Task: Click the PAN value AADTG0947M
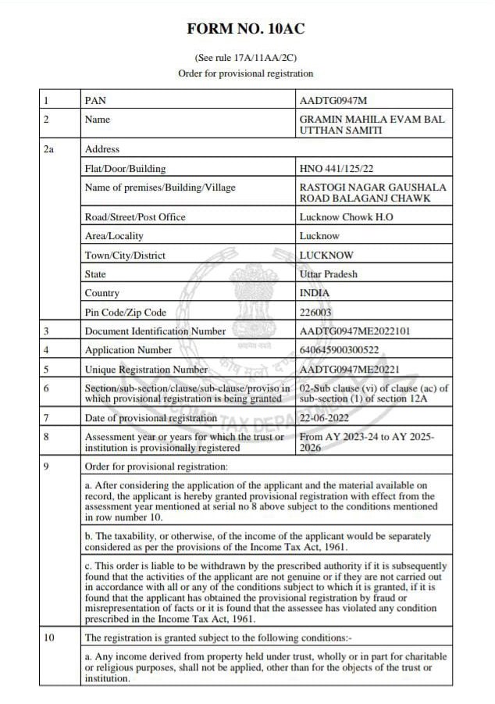click(x=333, y=101)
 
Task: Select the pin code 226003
click(x=315, y=313)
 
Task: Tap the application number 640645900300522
click(x=339, y=350)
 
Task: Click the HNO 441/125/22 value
click(x=337, y=169)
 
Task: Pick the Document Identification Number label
click(x=155, y=331)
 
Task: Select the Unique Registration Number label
click(x=146, y=369)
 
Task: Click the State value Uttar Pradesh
click(x=328, y=274)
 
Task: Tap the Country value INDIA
click(x=314, y=293)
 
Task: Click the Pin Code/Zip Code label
click(x=125, y=313)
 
